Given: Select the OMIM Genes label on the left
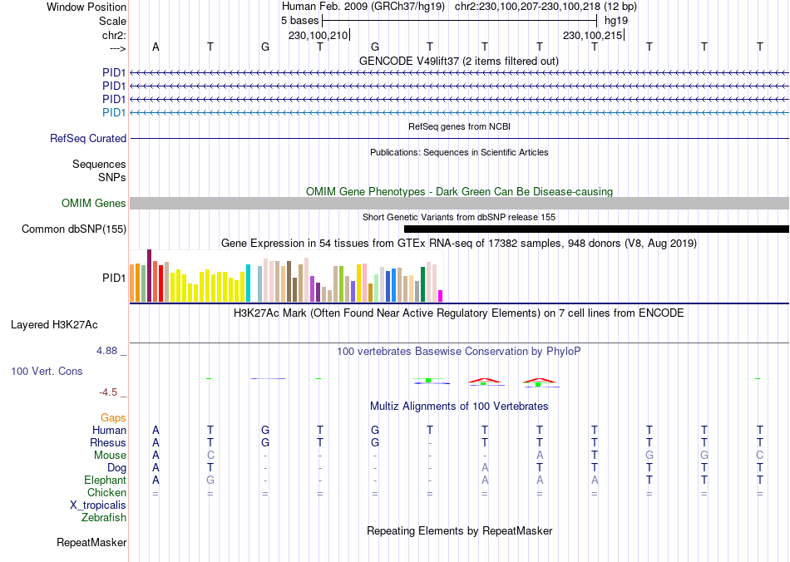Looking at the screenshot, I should click(94, 204).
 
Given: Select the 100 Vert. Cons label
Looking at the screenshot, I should click(47, 371).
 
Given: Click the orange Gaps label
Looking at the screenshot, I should click(113, 418).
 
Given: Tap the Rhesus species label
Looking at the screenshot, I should click(108, 443).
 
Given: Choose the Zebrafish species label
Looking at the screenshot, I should click(104, 518).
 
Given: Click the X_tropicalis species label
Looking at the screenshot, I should click(98, 505).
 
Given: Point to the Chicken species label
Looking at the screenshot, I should click(106, 493).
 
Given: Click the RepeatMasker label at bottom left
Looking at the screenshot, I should click(91, 543).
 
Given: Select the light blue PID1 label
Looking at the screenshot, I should click(114, 112).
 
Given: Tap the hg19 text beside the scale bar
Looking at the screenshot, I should click(616, 20).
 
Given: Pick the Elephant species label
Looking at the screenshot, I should click(105, 481).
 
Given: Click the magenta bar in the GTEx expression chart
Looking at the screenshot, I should click(441, 296).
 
